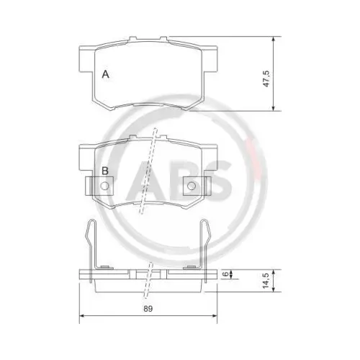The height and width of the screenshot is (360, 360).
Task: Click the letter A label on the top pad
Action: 105,74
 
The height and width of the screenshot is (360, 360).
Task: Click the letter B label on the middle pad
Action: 105,171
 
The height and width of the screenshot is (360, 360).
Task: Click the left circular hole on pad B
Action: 105,186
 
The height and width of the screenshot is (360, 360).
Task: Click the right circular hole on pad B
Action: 192,186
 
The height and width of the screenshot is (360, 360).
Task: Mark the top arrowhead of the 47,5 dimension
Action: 273,40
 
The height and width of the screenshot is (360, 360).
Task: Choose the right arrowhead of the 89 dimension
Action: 215,317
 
